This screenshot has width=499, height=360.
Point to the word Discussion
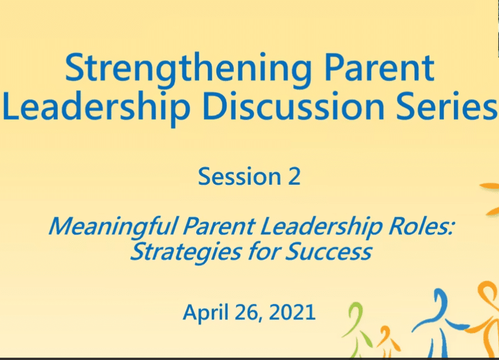tap(293, 105)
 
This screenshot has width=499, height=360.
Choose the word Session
tap(240, 176)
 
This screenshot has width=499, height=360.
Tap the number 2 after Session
tap(295, 176)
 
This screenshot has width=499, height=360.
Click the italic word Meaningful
tap(113, 227)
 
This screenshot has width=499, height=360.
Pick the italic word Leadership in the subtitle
tap(321, 227)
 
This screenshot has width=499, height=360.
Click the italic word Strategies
tap(186, 253)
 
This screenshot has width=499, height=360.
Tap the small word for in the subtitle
tap(264, 251)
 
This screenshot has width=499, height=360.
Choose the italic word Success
tap(328, 252)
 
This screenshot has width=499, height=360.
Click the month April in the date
tap(206, 313)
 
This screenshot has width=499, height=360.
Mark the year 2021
tap(292, 312)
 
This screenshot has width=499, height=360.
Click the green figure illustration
tap(357, 329)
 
